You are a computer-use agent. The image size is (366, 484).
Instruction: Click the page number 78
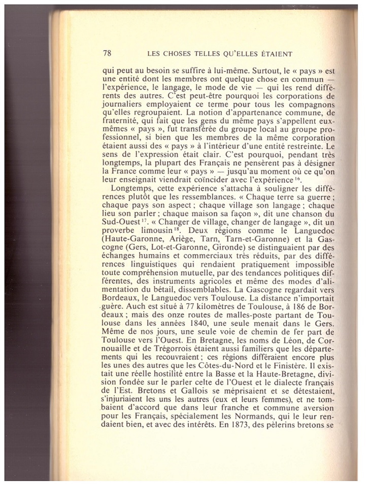[107, 54]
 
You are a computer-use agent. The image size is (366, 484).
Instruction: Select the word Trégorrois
[162, 348]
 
